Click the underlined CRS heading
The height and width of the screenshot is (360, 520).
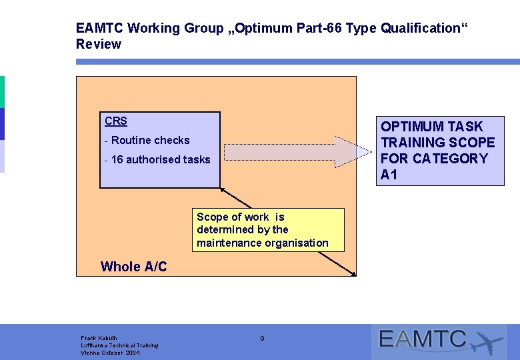click(116, 121)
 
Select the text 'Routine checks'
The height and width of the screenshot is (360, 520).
click(151, 141)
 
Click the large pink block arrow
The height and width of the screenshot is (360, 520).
click(297, 152)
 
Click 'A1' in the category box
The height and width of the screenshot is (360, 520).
click(389, 175)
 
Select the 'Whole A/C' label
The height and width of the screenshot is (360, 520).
click(134, 267)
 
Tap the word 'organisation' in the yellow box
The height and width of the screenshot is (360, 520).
click(296, 243)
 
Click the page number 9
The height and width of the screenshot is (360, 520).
click(262, 339)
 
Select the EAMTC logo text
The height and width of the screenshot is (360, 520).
click(423, 339)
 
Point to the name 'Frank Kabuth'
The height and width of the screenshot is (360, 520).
click(99, 338)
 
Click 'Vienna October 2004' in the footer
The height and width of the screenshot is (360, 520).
click(110, 353)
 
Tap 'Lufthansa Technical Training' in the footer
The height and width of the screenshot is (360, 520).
click(119, 345)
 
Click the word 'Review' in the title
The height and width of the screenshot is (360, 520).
click(99, 45)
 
